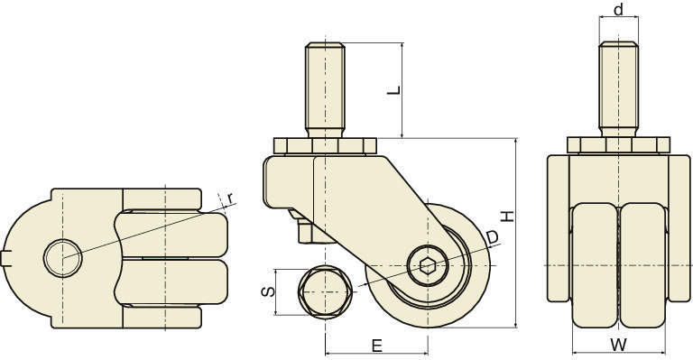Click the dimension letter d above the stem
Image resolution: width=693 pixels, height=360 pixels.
tap(618, 9)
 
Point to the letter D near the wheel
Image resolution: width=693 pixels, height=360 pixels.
tap(492, 237)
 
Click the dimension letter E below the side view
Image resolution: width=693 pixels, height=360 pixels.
tap(376, 346)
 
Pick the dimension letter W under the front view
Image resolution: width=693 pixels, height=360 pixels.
tap(619, 345)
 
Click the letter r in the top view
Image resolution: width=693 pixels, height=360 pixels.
tap(230, 198)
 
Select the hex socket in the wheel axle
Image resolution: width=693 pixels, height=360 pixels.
tap(428, 265)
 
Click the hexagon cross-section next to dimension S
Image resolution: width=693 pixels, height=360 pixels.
tap(325, 292)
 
